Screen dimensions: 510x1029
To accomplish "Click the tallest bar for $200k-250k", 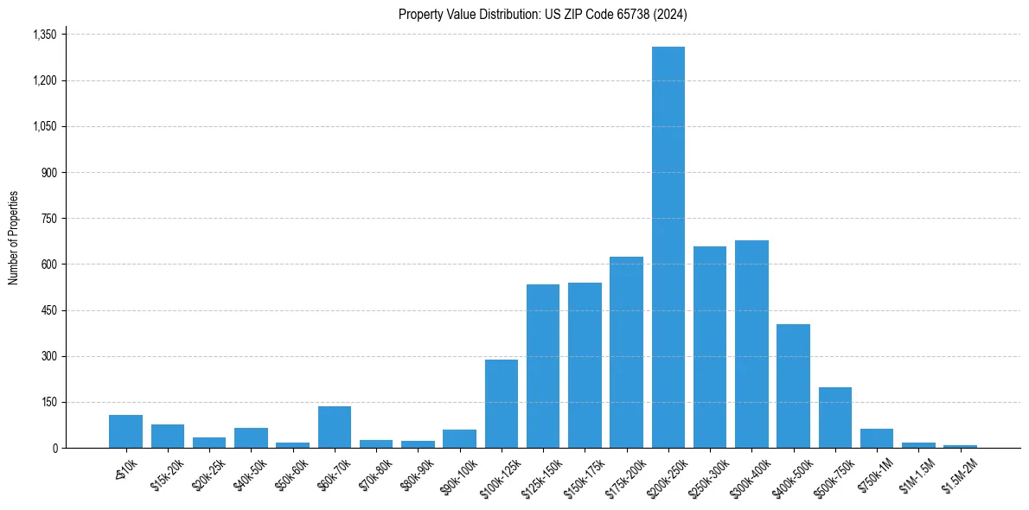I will (668, 247).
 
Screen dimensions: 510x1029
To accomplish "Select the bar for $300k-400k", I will (751, 344).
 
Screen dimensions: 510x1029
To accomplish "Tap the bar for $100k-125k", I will (501, 404).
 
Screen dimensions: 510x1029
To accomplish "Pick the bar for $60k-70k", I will (334, 427).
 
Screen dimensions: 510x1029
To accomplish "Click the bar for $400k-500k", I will (793, 386).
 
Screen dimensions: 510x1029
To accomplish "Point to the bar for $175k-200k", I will (626, 353).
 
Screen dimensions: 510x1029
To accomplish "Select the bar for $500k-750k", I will (834, 418).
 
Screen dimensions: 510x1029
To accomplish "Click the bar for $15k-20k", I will (167, 437).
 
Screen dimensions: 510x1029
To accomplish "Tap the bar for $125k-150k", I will (542, 367).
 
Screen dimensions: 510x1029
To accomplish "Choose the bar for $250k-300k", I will (709, 347).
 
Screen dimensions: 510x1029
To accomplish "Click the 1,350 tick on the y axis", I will (44, 35).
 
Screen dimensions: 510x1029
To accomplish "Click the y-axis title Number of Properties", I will (14, 238).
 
